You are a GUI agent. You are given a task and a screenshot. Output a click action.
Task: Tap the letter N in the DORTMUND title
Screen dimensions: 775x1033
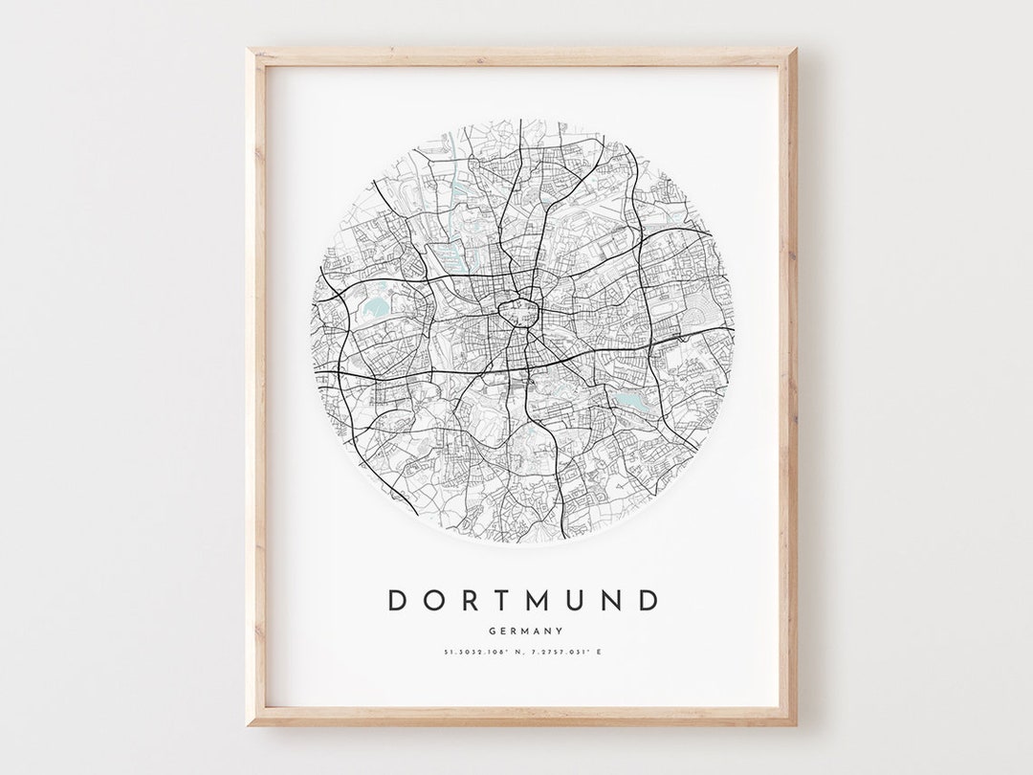(x=612, y=601)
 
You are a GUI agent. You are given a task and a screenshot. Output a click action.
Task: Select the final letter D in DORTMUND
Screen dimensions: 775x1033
(x=648, y=601)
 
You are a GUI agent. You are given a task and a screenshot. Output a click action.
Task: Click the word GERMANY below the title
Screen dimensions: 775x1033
(x=524, y=631)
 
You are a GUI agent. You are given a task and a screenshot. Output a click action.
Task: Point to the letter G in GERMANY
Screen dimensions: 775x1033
(x=491, y=631)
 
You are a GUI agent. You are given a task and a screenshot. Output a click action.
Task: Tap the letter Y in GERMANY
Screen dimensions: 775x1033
(x=559, y=631)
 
